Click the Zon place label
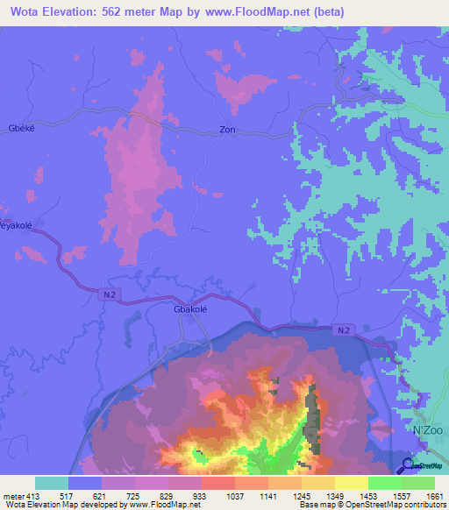coord(227,130)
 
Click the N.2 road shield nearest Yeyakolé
coord(105,294)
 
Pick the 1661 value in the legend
coord(435,496)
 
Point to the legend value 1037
coord(235,496)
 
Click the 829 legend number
coord(168,496)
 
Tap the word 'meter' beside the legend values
coord(12,496)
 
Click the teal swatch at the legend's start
coord(52,483)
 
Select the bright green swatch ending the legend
coord(418,483)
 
